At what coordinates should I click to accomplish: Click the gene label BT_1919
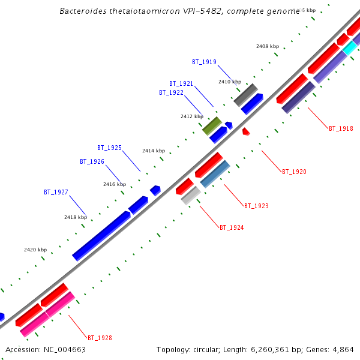(x=204, y=62)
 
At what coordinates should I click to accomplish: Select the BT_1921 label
(x=181, y=83)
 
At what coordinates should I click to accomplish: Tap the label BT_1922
(x=171, y=92)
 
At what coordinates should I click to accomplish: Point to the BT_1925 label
(x=109, y=148)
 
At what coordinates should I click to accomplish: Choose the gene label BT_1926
(x=92, y=161)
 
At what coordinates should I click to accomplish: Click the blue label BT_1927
(x=56, y=192)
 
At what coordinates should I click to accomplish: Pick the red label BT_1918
(x=341, y=128)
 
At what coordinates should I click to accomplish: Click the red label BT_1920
(x=294, y=172)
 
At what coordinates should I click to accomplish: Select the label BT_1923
(x=256, y=206)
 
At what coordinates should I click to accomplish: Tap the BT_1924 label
(x=232, y=227)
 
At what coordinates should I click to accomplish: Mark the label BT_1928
(x=100, y=338)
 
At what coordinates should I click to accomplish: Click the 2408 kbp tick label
(x=268, y=46)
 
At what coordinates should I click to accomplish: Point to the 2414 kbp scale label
(x=153, y=151)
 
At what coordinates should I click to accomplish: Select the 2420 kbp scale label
(x=35, y=250)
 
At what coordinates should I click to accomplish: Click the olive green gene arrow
(x=212, y=125)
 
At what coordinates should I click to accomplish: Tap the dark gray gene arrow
(x=245, y=94)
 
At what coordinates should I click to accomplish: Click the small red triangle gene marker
(x=245, y=131)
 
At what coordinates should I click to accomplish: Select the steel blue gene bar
(x=215, y=174)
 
